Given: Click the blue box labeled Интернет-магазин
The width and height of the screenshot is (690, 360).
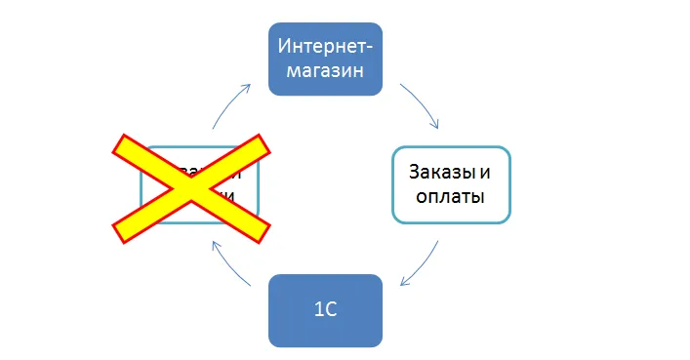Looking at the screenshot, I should click(x=325, y=59).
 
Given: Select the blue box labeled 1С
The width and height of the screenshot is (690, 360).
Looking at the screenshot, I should click(x=325, y=310).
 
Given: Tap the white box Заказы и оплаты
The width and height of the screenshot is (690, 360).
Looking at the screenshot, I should click(x=451, y=184).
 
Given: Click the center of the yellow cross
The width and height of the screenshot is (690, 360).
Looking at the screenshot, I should click(x=191, y=187).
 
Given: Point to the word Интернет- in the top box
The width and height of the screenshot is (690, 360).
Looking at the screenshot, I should click(x=325, y=47).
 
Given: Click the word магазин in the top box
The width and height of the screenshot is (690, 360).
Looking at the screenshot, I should click(x=325, y=71).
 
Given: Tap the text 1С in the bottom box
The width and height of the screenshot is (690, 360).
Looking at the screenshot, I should click(x=325, y=311).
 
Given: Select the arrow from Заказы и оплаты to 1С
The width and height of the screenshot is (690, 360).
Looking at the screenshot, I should click(x=422, y=264).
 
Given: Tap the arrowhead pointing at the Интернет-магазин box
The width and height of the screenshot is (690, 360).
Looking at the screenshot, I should click(x=248, y=88).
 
